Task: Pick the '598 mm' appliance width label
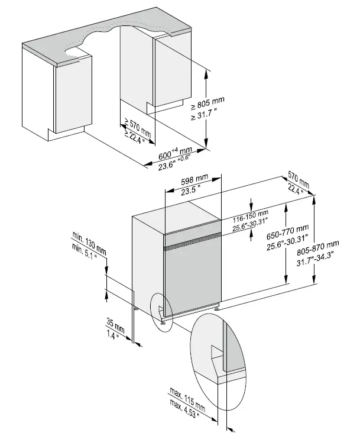coord(193,180)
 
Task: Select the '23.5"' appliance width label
coord(192,190)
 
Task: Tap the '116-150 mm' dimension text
coord(251,213)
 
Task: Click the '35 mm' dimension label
coord(115,324)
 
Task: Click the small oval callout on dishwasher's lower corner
coord(160,308)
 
